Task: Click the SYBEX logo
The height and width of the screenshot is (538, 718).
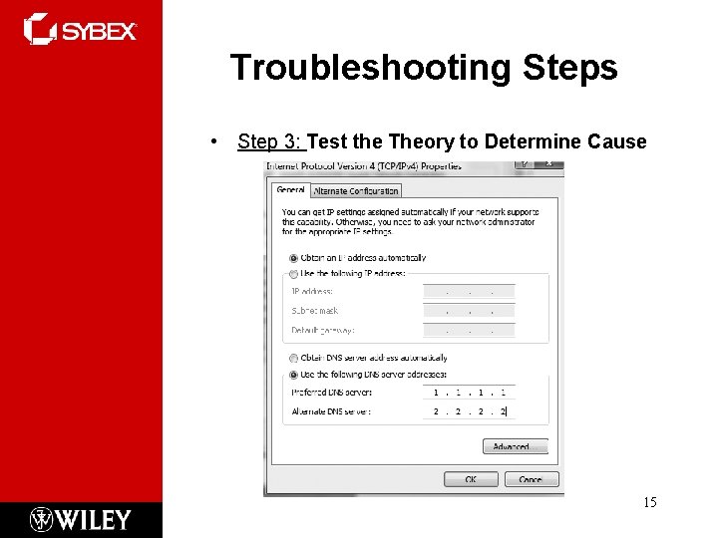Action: coord(80,30)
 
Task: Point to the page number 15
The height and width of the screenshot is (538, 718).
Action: coord(649,502)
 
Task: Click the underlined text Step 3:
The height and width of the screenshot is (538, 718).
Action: coord(270,141)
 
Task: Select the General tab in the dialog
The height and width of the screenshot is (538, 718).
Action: coord(290,190)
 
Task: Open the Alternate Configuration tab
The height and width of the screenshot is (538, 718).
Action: coord(356,191)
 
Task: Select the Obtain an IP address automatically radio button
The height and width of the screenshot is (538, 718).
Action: coord(293,258)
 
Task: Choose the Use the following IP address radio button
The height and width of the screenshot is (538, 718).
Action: coord(293,273)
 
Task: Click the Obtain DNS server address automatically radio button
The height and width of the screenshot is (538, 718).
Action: coord(293,358)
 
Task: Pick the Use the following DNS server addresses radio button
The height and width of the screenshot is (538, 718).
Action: coord(293,375)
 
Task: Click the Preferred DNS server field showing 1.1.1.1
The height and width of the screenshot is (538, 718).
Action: coord(469,393)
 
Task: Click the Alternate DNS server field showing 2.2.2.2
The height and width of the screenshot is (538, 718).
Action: coord(469,410)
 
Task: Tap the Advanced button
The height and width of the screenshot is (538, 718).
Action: coord(515,446)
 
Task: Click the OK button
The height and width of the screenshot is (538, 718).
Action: coord(471,479)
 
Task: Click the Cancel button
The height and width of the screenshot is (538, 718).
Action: coord(524,479)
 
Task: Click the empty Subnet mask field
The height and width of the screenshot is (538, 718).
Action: coord(469,311)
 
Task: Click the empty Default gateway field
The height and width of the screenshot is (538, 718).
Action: coord(469,330)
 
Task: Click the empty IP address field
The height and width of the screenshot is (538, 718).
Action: coord(469,292)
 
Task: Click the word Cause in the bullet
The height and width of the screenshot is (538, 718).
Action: coord(616,141)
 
